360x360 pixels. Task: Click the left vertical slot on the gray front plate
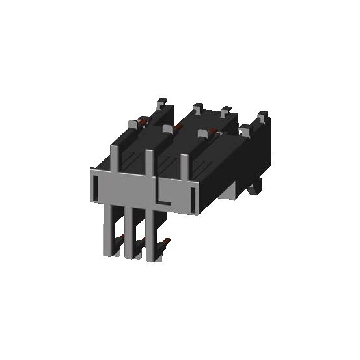point(96,188)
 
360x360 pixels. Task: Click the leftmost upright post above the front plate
point(115,156)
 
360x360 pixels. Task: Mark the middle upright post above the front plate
point(151,163)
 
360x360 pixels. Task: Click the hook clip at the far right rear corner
point(262,117)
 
